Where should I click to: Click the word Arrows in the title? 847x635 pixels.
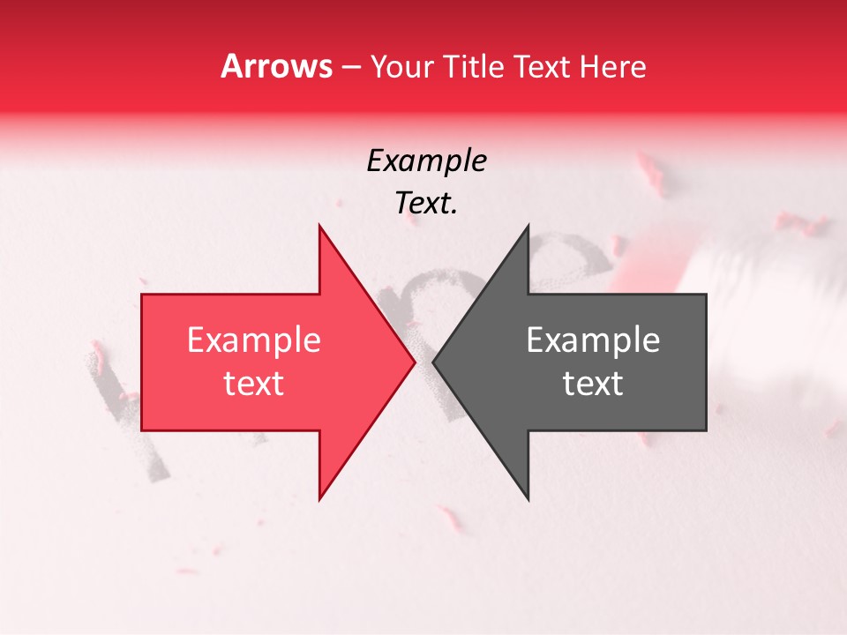tap(276, 66)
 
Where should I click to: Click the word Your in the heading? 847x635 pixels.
tap(401, 67)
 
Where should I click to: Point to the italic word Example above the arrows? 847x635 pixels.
tap(426, 161)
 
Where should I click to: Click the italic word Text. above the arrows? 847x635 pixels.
tap(426, 204)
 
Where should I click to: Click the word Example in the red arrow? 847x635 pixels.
tap(254, 340)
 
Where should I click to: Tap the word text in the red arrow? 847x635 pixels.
tap(254, 384)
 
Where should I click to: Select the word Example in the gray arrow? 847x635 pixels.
tap(593, 340)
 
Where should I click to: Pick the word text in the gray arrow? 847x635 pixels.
tap(593, 384)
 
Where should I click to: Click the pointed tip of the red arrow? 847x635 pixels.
tap(415, 362)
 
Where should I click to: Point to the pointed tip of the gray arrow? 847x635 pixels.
tap(433, 362)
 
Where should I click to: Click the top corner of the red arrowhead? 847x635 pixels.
tap(319, 226)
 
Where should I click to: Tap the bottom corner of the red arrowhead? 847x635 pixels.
tap(319, 499)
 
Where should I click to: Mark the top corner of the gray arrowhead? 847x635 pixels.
tap(528, 226)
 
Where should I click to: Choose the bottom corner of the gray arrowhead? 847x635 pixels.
tap(528, 499)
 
